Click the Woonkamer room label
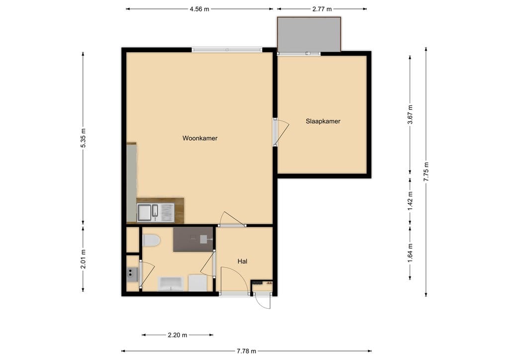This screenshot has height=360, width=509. [x=200, y=138]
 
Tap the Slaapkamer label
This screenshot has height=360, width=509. [x=323, y=121]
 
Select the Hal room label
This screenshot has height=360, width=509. [x=243, y=262]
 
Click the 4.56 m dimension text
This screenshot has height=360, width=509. [x=199, y=9]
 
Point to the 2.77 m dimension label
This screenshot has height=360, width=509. [x=322, y=9]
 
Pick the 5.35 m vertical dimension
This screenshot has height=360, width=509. [x=84, y=138]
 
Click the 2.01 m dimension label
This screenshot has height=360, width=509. [x=84, y=260]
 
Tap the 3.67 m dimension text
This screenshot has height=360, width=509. [x=410, y=114]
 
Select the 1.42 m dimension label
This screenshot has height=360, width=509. [x=410, y=201]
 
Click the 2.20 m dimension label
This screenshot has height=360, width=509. [x=177, y=335]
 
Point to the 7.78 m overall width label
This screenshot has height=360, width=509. [x=247, y=351]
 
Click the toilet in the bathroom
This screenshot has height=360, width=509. [x=151, y=241]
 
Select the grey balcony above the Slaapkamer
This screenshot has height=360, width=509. [x=309, y=34]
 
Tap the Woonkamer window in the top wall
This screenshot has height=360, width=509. [x=227, y=50]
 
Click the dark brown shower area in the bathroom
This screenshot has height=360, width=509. [x=193, y=239]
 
